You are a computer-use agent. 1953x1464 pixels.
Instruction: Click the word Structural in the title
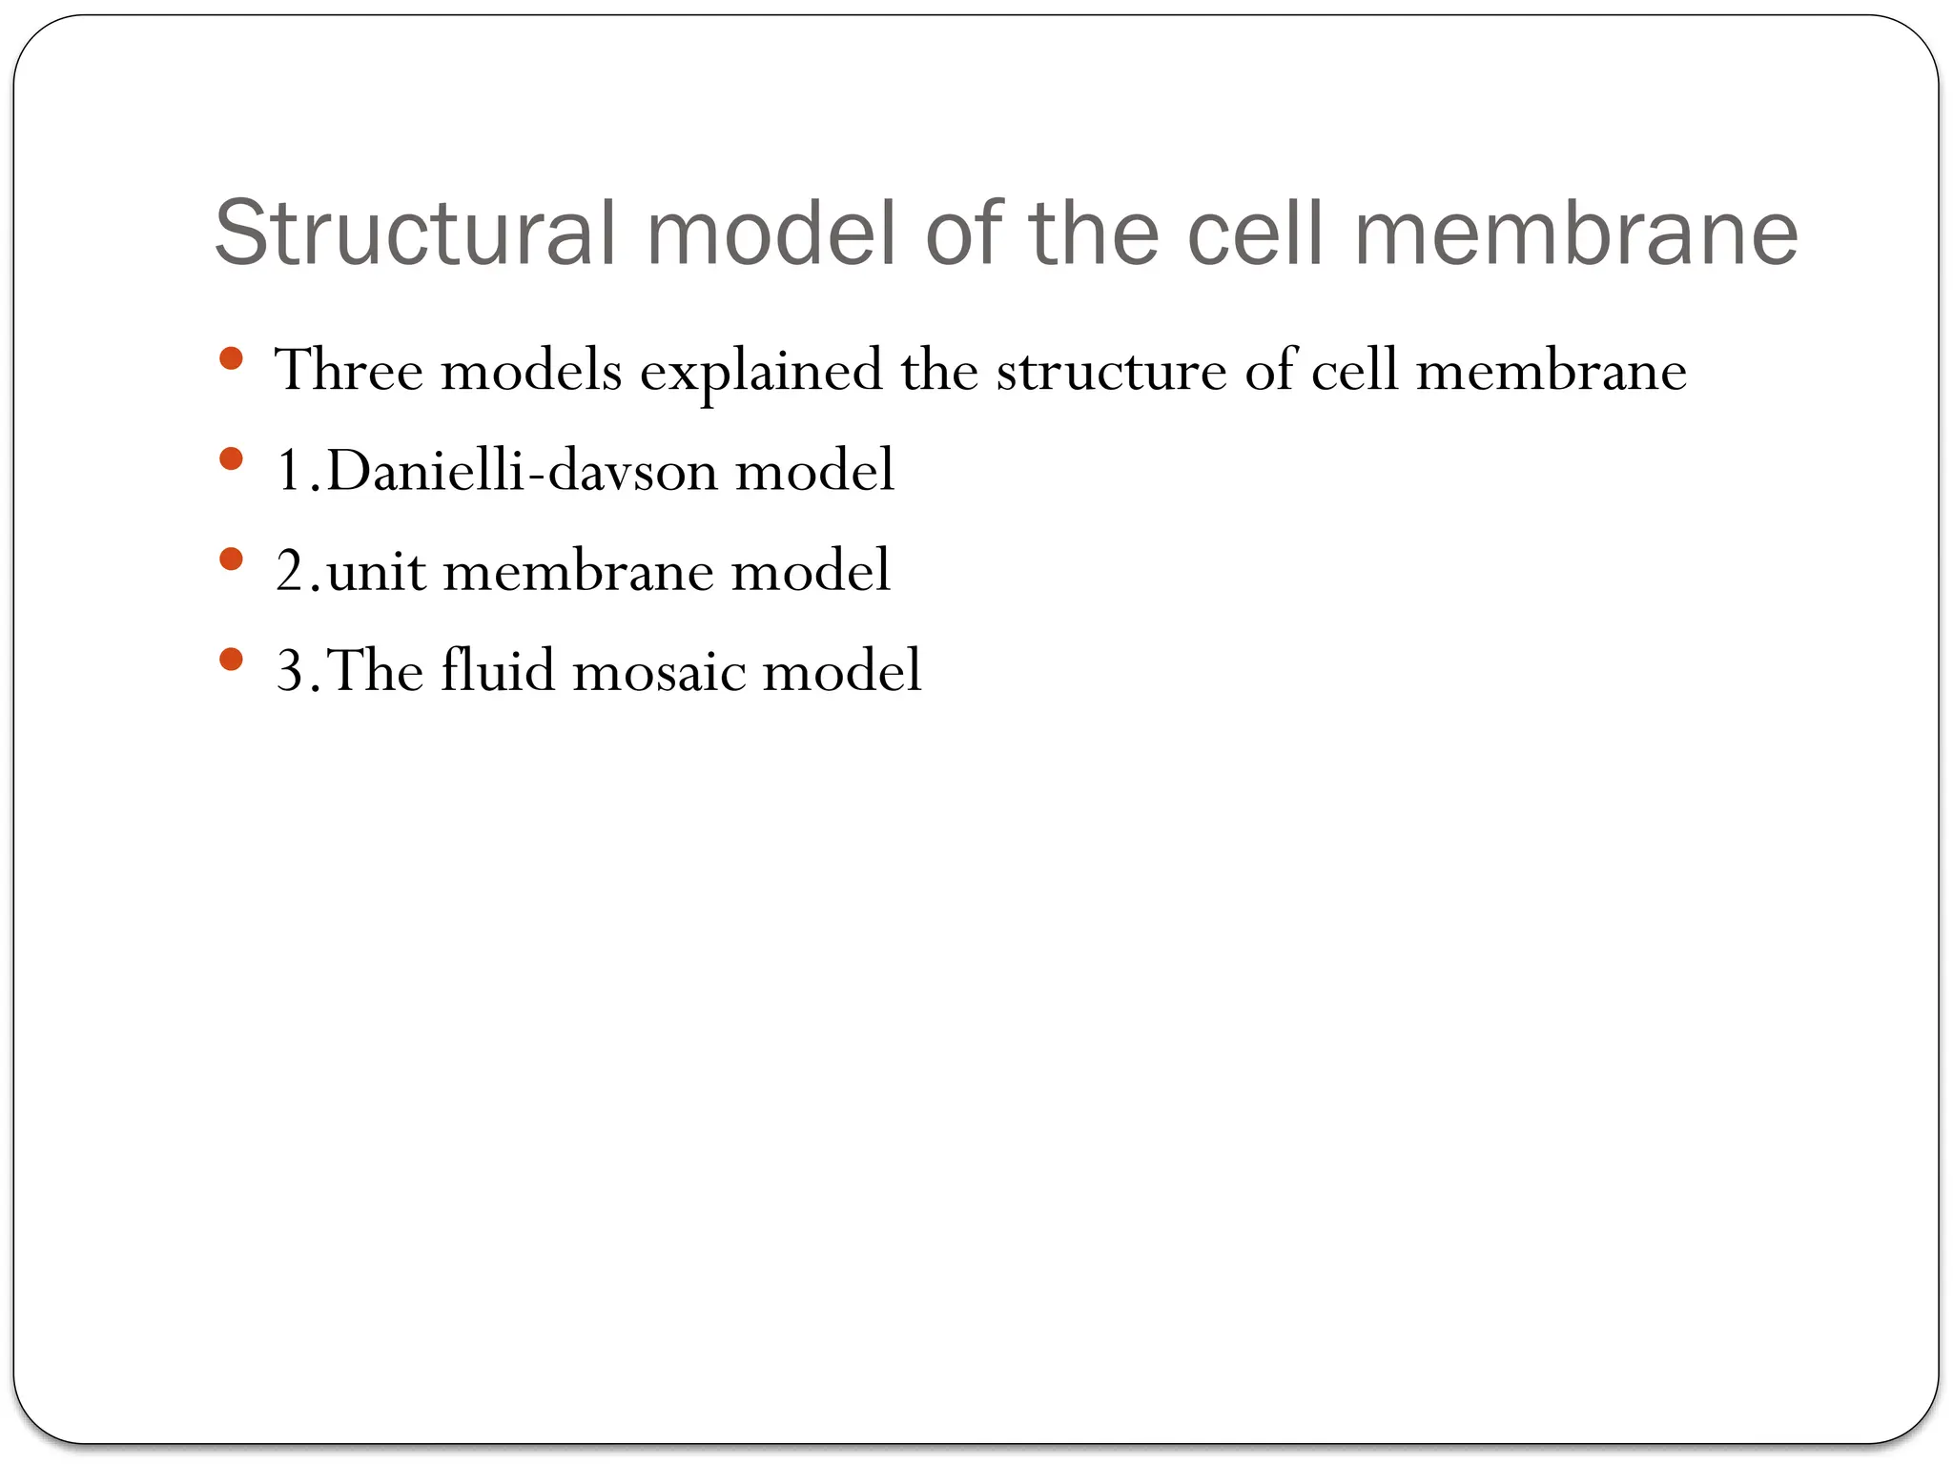point(416,234)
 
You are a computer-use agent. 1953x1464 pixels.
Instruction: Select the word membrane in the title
point(1575,234)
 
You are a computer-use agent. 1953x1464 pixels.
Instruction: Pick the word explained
point(761,372)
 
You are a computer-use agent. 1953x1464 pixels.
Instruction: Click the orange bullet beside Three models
point(230,359)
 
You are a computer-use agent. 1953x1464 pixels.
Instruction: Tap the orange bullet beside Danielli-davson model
point(230,459)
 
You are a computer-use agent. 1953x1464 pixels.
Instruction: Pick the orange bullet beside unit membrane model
point(230,559)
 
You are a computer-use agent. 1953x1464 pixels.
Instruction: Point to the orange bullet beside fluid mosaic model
point(230,660)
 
